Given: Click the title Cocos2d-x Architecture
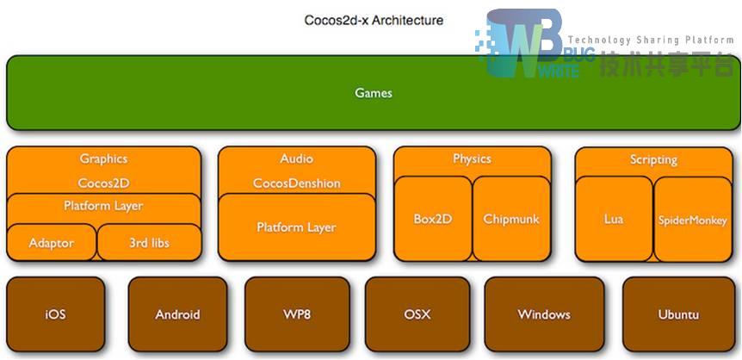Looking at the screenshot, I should point(374,19).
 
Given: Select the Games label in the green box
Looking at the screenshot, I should point(374,93).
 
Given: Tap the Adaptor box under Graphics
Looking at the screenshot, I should point(51,243).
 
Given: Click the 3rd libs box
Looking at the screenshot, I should point(149,243).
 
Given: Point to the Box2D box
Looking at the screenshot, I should point(433,219).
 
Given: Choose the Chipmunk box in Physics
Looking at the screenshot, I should point(511,219).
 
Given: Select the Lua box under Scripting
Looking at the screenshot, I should point(614,220).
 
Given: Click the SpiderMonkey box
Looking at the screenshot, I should point(693,220).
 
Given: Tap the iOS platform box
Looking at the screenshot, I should point(55,314).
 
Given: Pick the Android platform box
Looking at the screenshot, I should point(177,314).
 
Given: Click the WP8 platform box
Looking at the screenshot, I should point(297,314).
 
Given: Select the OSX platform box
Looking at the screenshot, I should point(417,314).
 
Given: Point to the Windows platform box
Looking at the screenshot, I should point(543,314).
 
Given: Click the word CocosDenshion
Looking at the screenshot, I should point(296,183).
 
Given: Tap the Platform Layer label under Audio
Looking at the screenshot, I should point(296,227).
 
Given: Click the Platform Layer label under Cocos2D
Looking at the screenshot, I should point(103,207).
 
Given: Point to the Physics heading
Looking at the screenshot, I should point(472,158).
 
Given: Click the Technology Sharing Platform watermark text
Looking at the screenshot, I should point(651,40).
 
